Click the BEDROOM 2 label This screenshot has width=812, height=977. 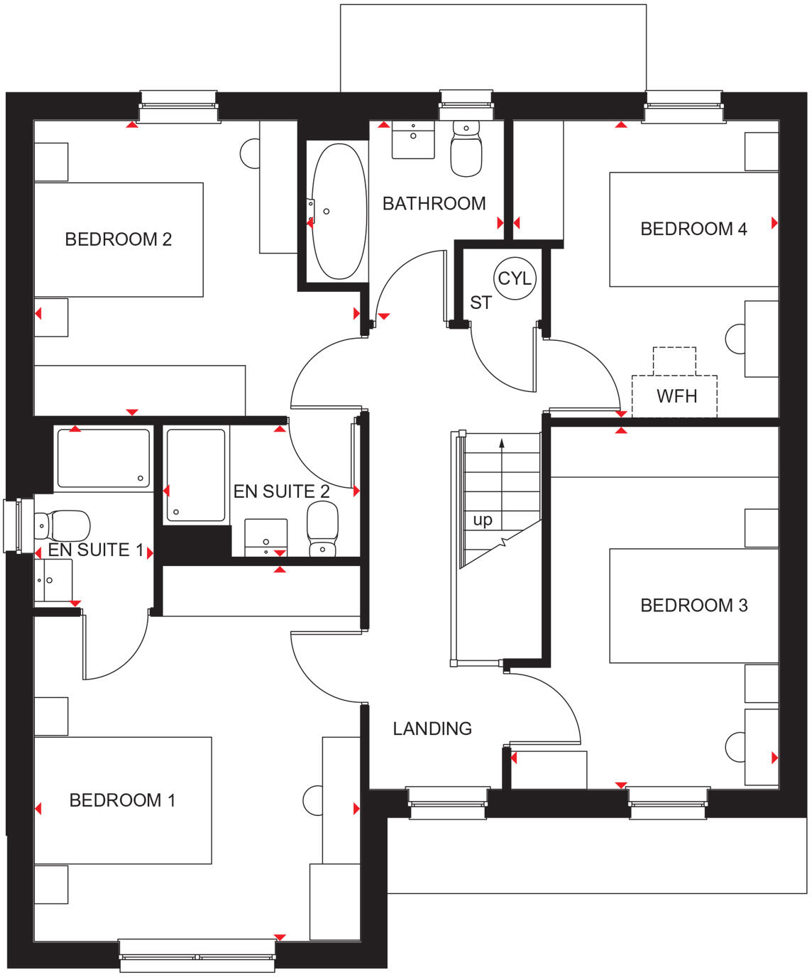click(x=118, y=239)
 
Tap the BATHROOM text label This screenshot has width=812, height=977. click(x=434, y=204)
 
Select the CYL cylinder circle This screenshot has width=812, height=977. click(x=514, y=278)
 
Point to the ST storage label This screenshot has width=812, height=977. click(x=480, y=302)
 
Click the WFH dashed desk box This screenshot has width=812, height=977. click(x=674, y=395)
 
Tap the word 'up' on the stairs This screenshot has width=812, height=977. click(x=483, y=520)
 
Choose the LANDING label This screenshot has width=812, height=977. click(x=432, y=728)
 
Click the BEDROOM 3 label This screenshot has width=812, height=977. click(x=693, y=605)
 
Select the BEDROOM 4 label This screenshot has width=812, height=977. click(x=693, y=229)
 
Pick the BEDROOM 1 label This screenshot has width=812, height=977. click(x=122, y=800)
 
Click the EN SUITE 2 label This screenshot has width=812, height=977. click(x=281, y=491)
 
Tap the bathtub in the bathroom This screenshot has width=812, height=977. click(x=339, y=212)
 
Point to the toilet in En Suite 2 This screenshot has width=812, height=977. click(x=322, y=530)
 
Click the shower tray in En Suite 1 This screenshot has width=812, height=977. click(x=104, y=459)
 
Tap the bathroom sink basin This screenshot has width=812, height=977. click(x=413, y=140)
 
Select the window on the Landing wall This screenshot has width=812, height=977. click(x=448, y=803)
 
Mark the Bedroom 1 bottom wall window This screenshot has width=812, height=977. click(x=197, y=955)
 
